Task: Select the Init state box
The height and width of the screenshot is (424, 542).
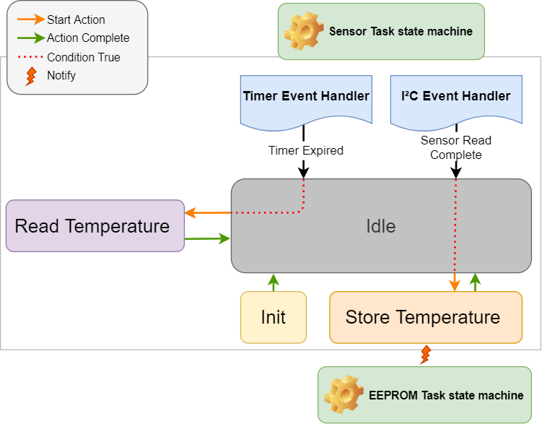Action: [273, 317]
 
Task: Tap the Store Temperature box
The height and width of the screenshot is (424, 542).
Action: [425, 317]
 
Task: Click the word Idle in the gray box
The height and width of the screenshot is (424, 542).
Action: [380, 226]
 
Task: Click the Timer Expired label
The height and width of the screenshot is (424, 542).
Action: [305, 151]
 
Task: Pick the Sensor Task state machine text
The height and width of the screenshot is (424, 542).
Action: [401, 31]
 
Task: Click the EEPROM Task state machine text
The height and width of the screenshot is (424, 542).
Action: [446, 395]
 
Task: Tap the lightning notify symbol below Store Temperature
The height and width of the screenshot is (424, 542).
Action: [426, 355]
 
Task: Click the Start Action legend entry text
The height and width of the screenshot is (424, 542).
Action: [76, 20]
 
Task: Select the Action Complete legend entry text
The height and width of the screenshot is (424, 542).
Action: [88, 38]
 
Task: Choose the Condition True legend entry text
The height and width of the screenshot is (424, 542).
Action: [83, 57]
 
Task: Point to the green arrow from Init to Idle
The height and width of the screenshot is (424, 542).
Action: [273, 282]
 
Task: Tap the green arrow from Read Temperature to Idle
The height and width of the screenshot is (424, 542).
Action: [207, 238]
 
